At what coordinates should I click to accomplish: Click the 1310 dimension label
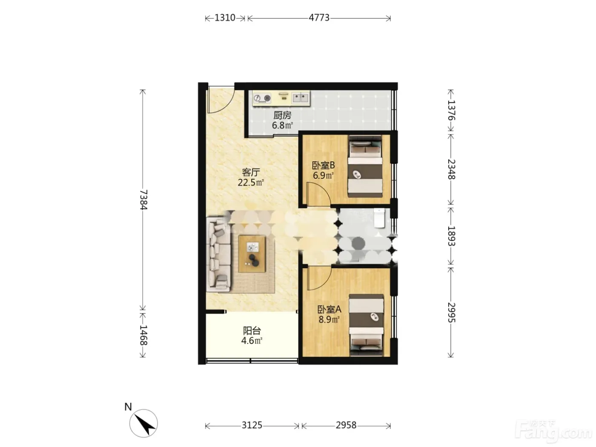pos(225,18)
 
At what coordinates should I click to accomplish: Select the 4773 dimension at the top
pos(319,18)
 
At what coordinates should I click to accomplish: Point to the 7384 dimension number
pos(143,200)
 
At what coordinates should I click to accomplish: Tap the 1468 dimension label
pos(143,335)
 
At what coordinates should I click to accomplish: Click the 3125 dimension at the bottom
pos(252,425)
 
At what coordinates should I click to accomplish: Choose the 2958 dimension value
pos(346,425)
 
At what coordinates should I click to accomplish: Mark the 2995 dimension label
pos(451,312)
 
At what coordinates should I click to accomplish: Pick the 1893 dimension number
pos(451,236)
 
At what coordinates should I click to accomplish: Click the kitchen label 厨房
pos(282,115)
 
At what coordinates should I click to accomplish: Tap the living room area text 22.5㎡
pos(251,183)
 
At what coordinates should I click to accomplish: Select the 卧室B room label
pos(323,165)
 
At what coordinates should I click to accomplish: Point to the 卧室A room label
pos(330,309)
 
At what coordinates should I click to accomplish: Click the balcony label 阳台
pos(252,331)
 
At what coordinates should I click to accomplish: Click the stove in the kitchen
pos(262,98)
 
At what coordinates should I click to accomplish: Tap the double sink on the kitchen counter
pos(301,97)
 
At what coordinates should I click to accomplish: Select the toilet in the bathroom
pos(379,218)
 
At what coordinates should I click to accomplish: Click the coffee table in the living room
pos(252,254)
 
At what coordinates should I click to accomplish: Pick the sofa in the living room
pos(218,254)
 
